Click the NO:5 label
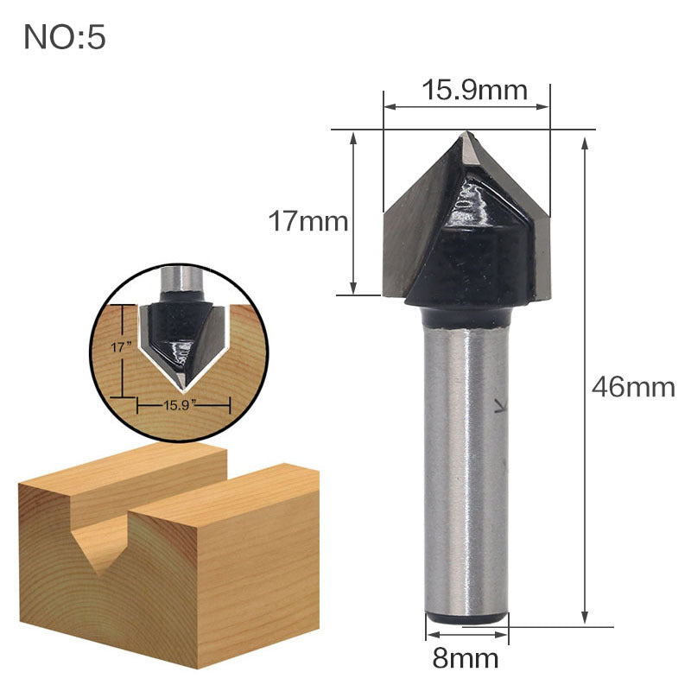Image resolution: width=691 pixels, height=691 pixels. [x=65, y=37]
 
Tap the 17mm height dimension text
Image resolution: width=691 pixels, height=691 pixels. [x=307, y=222]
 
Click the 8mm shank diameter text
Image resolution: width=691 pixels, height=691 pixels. [x=466, y=658]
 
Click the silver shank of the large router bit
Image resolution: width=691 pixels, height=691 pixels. [x=464, y=466]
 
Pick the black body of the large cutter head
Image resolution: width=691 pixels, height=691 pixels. [x=466, y=259]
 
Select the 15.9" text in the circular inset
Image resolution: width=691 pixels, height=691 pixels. [x=183, y=403]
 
